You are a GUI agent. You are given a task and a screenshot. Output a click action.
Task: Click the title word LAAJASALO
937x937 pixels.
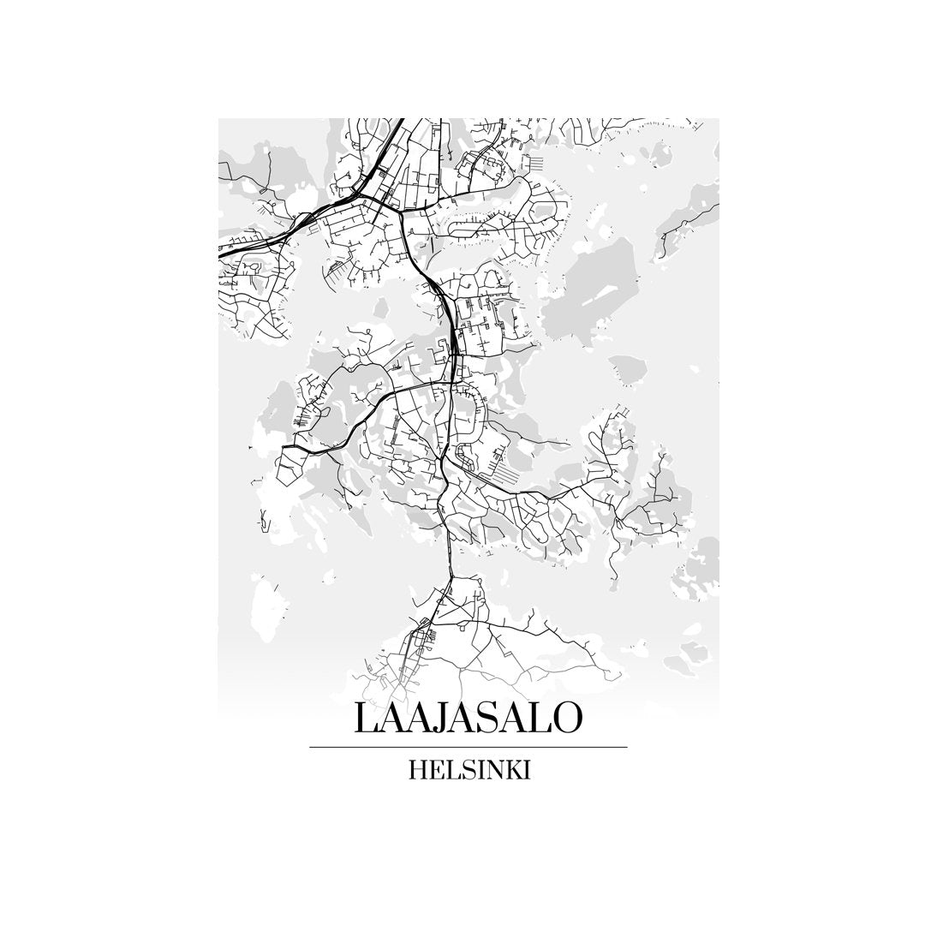468,718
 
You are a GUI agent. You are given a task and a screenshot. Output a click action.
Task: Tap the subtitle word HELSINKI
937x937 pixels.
469,770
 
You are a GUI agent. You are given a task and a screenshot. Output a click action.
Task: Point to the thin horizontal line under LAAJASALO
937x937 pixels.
468,747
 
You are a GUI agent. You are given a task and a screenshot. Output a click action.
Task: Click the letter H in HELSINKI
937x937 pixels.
419,770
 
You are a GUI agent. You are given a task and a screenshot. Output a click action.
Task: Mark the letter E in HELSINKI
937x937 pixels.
438,770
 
